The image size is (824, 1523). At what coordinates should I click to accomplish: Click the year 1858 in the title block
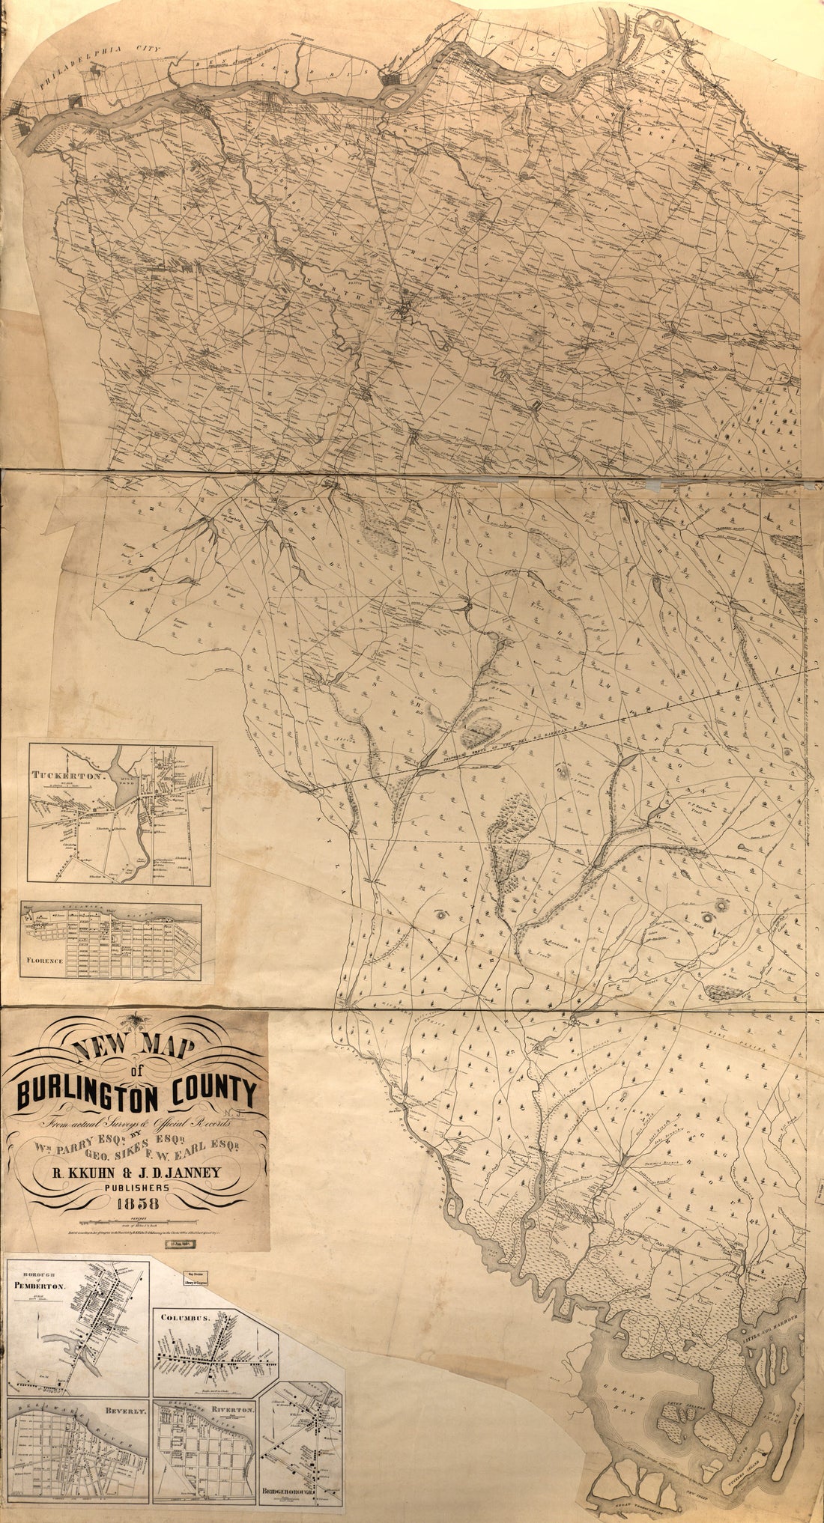[137, 1203]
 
